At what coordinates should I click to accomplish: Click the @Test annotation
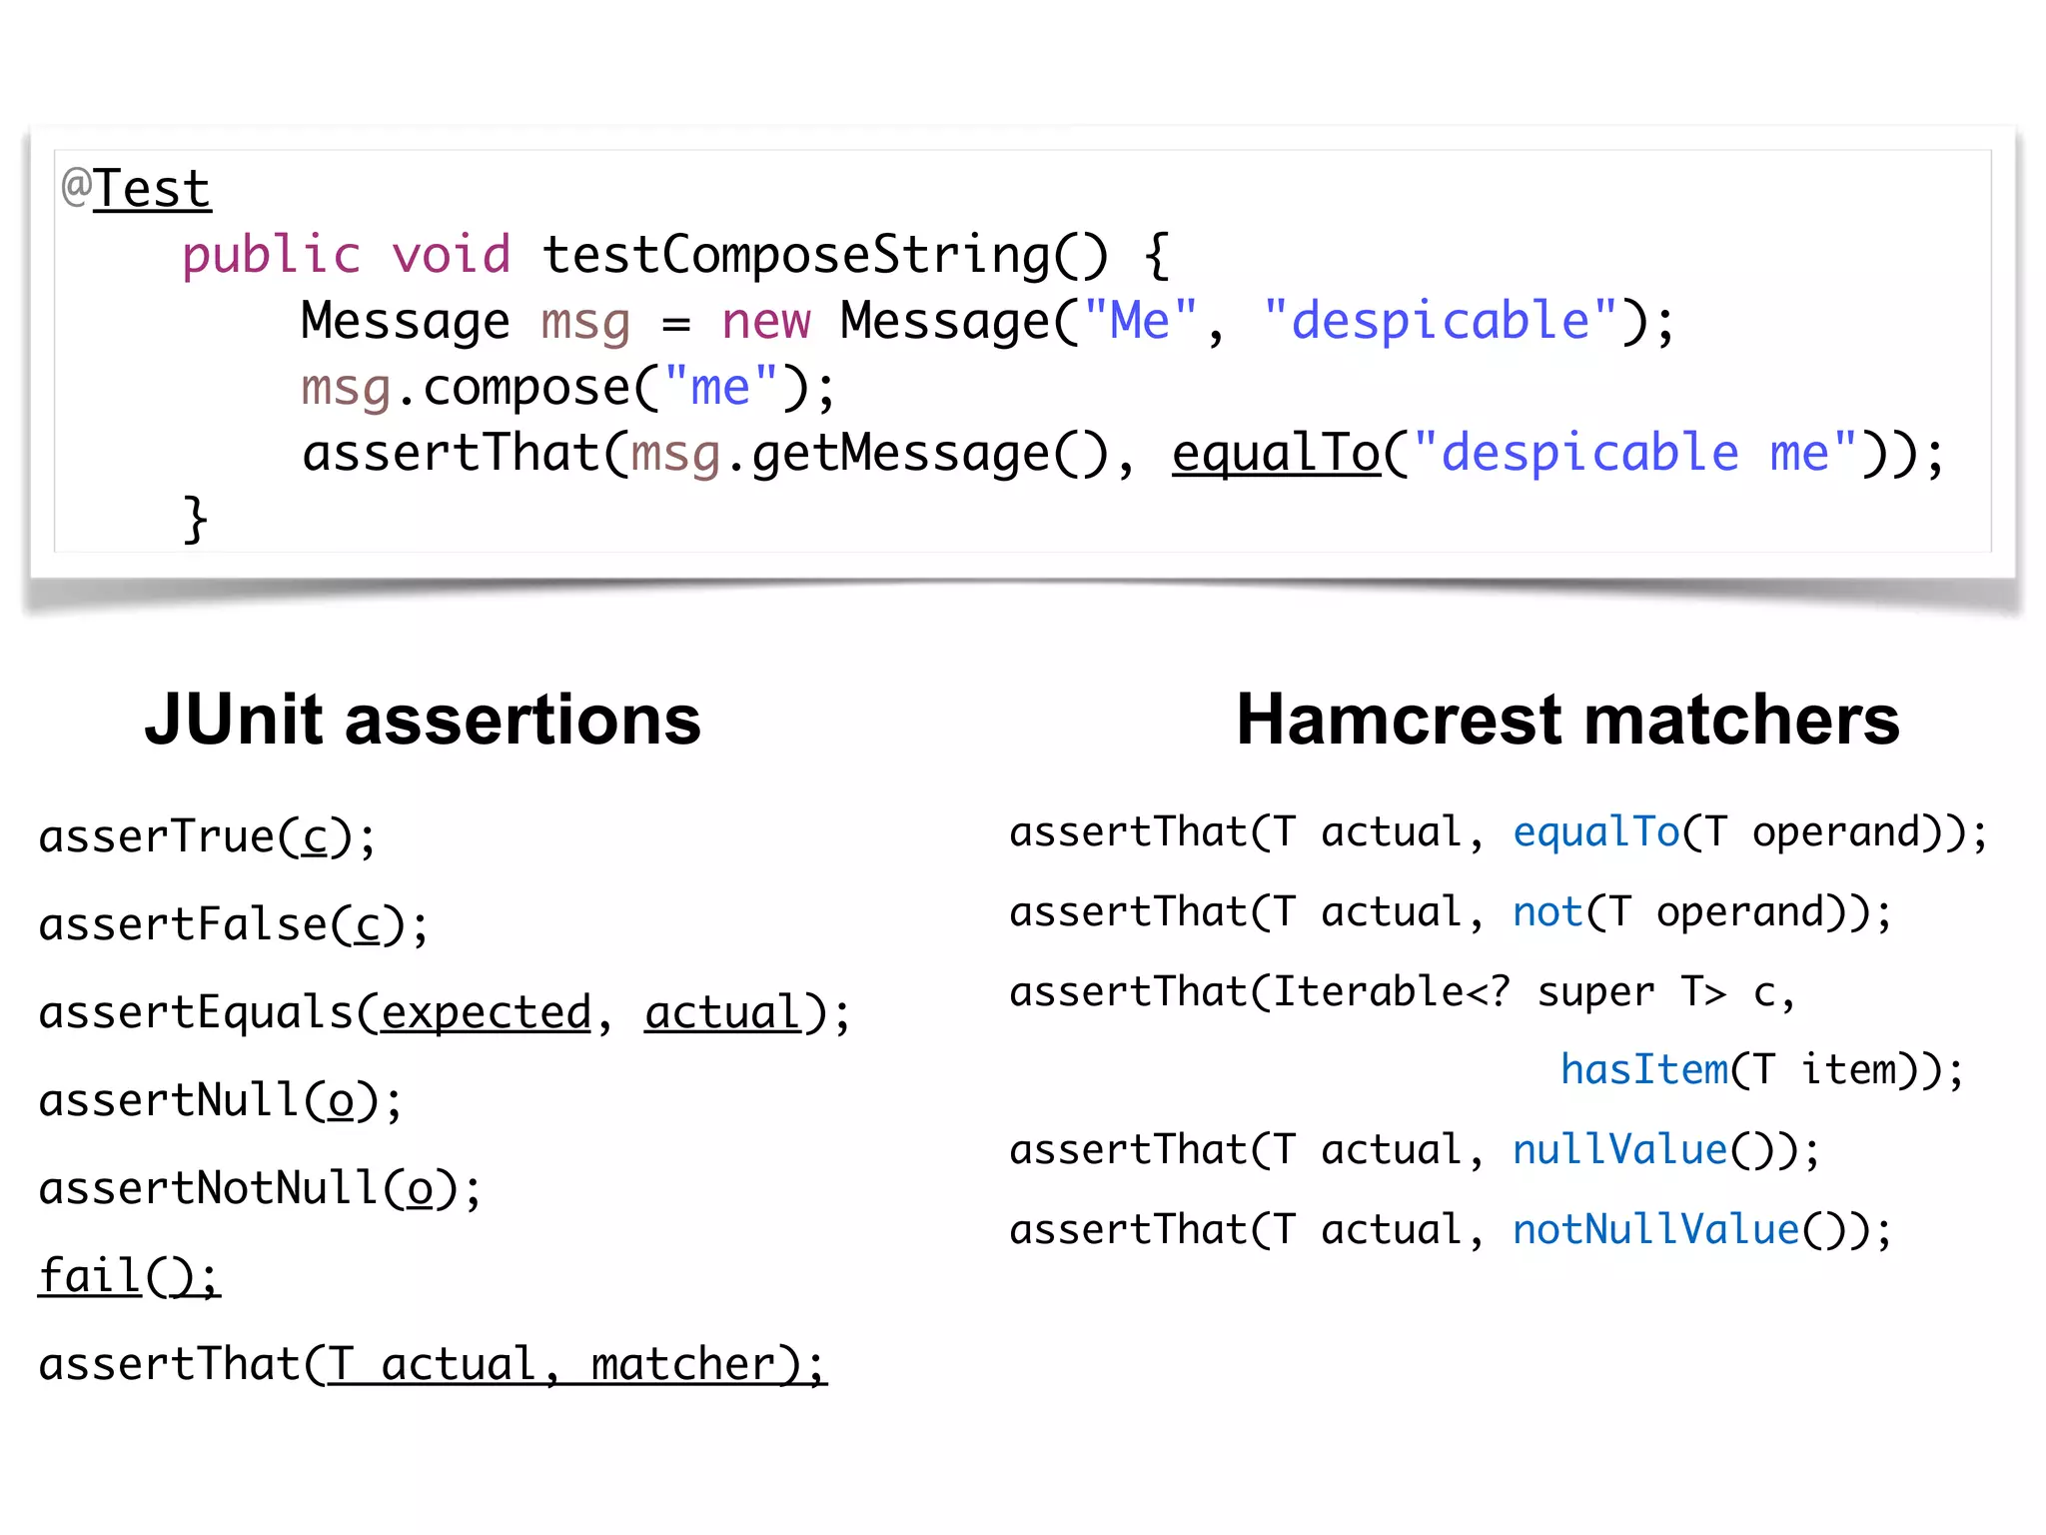coord(137,190)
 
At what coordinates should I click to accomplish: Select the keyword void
coord(451,256)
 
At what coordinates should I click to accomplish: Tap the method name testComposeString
coord(794,256)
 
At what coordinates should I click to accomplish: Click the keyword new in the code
coord(766,322)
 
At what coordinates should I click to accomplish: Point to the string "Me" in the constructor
coord(1140,322)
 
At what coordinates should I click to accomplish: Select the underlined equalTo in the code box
coord(1276,454)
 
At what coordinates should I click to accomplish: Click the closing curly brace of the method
coord(195,520)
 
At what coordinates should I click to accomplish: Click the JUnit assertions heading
coord(423,720)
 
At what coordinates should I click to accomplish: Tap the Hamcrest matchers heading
coord(1567,720)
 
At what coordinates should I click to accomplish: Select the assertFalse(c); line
coord(233,925)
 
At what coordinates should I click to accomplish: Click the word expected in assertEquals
coord(487,1013)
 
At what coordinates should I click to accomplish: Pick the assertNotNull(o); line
coord(260,1189)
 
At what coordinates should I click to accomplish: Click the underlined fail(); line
coord(129,1277)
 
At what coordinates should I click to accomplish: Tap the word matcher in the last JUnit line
coord(682,1365)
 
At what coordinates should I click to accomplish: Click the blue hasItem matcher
coord(1644,1070)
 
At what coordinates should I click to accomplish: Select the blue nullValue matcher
coord(1619,1150)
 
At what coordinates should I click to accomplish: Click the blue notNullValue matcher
coord(1655,1230)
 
